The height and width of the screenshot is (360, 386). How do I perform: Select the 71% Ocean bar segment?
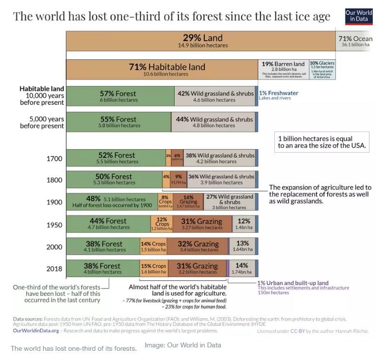click(355, 41)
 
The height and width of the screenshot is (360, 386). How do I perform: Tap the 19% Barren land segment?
click(283, 70)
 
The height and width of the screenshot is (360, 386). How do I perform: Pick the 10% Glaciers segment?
click(322, 70)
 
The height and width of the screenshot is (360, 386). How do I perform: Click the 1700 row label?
click(54, 159)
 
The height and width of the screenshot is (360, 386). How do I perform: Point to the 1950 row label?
click(54, 224)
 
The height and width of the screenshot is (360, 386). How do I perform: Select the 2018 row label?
click(54, 269)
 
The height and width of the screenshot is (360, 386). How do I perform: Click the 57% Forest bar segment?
click(120, 96)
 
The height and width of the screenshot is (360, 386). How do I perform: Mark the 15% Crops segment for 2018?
click(153, 269)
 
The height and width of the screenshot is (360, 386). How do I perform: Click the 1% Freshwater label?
click(278, 93)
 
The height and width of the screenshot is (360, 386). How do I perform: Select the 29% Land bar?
click(200, 41)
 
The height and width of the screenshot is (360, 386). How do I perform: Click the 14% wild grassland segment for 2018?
click(241, 269)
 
